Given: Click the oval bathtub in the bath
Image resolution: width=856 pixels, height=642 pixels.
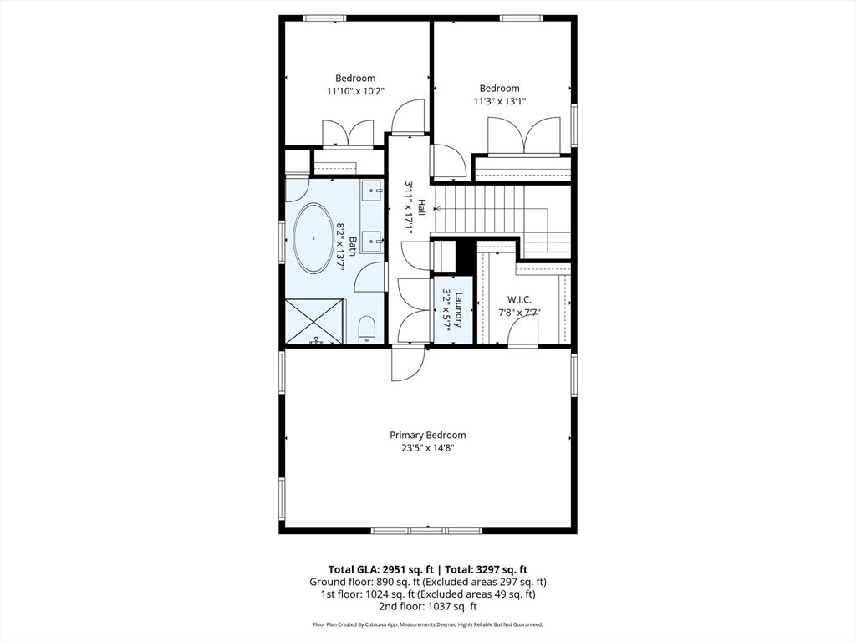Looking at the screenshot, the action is [x=314, y=238].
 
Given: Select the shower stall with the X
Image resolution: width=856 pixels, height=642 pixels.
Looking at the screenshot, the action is [x=314, y=320].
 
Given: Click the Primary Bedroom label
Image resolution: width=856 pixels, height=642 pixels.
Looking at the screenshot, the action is [x=427, y=435].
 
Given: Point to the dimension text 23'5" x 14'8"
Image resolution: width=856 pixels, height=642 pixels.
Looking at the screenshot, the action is [x=427, y=448].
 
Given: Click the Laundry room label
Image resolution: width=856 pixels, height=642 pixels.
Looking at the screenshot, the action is [x=459, y=310].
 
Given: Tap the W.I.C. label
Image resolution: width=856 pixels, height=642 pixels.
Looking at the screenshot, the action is [x=519, y=299].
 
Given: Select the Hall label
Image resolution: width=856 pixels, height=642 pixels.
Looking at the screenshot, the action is [x=421, y=206].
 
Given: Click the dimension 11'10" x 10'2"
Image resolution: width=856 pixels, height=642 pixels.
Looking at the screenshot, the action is [x=355, y=91].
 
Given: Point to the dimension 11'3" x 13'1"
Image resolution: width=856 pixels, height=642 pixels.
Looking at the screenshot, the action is [x=500, y=101].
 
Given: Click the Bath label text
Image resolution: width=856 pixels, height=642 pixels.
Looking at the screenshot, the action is [x=353, y=246].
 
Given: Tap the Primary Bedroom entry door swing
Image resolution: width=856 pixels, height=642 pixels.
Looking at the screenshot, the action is [x=408, y=364].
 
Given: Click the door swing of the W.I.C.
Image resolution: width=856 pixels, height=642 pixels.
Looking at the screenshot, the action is [x=522, y=331].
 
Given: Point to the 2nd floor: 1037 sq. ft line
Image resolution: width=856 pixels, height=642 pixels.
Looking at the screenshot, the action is [x=427, y=607].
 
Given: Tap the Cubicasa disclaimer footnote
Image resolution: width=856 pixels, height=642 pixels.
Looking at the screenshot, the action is [x=427, y=624].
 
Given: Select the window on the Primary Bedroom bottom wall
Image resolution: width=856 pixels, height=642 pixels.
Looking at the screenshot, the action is [x=427, y=531].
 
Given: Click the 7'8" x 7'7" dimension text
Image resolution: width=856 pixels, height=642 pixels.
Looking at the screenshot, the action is [x=519, y=313].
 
